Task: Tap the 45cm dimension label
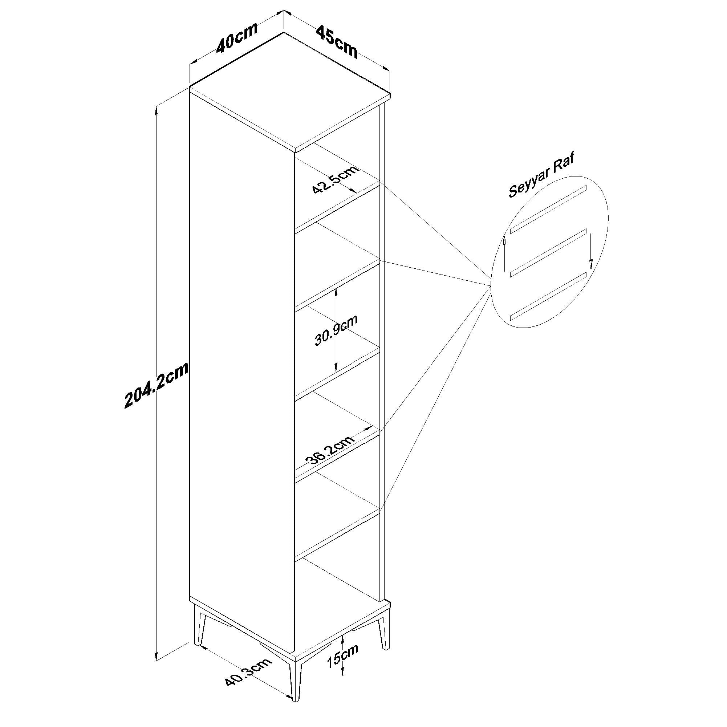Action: pyautogui.click(x=337, y=41)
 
